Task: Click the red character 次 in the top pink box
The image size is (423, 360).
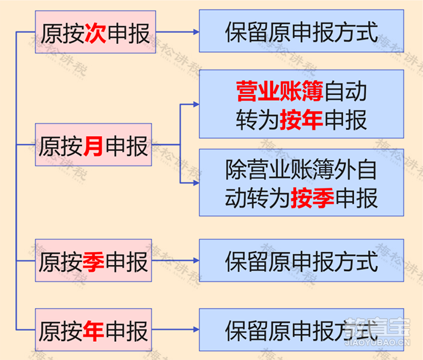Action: coord(95,33)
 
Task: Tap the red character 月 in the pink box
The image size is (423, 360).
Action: coord(93,146)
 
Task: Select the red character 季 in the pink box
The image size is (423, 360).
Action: coord(93,262)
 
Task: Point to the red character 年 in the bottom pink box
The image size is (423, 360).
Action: coord(93,331)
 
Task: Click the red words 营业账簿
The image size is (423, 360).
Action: coord(280,91)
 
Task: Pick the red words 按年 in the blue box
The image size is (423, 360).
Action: coord(302,120)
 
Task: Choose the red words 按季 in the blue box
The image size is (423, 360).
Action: coord(312,198)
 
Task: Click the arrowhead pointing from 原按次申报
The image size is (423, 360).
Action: coord(196,32)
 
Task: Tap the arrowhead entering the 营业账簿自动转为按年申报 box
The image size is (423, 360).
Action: coord(196,104)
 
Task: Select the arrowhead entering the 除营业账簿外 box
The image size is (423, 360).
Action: coord(196,183)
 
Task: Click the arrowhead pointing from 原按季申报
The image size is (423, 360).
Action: coord(196,260)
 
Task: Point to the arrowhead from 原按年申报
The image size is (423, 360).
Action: coord(196,330)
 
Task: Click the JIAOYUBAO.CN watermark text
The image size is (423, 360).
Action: coord(378,342)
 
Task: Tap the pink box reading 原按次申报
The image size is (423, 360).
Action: coord(95,32)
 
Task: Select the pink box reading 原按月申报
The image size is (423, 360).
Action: coord(93,145)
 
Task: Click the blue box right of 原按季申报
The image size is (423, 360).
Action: coord(302,260)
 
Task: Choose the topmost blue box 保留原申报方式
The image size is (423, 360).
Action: coord(302,31)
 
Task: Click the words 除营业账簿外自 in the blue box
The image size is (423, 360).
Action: coord(301,170)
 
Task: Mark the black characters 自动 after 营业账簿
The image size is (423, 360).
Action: coord(345,91)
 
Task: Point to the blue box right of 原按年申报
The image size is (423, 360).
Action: coord(302,330)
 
